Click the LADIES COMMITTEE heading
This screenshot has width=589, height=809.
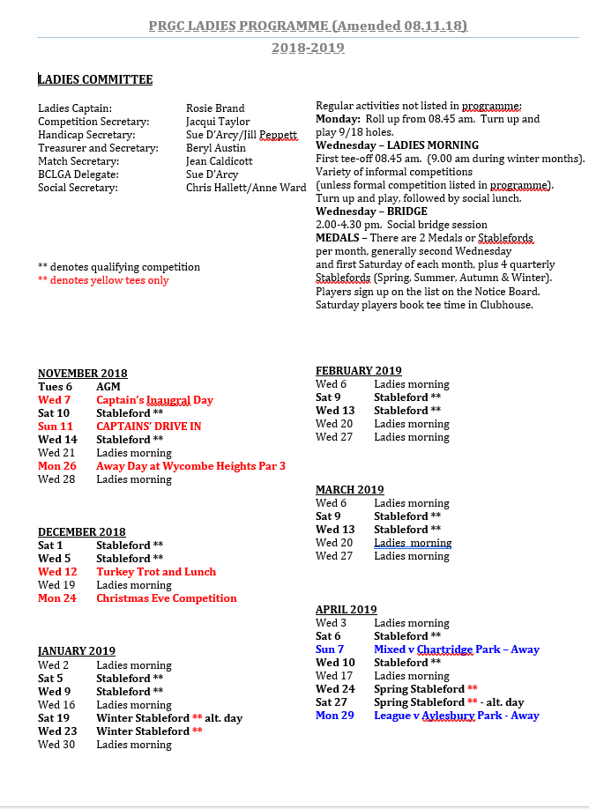95,80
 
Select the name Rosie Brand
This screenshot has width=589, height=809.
215,108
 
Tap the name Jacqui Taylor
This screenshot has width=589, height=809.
218,122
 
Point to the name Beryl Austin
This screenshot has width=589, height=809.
216,148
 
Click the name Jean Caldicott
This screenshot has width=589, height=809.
219,161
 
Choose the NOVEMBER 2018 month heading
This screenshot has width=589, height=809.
83,374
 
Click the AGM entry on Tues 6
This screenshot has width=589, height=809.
108,387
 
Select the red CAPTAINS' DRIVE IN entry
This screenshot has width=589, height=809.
149,427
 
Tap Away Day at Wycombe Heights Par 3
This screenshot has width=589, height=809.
190,466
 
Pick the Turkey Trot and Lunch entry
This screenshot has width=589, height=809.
156,572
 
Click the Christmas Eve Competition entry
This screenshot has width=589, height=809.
167,598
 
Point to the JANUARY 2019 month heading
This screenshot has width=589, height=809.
77,651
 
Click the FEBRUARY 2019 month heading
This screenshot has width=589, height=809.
359,371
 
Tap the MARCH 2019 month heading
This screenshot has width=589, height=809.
350,490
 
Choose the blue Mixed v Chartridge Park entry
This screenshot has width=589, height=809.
457,649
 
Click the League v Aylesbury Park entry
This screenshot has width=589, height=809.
457,716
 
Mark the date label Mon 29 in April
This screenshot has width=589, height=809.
335,716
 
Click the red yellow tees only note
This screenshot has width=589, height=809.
103,280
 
